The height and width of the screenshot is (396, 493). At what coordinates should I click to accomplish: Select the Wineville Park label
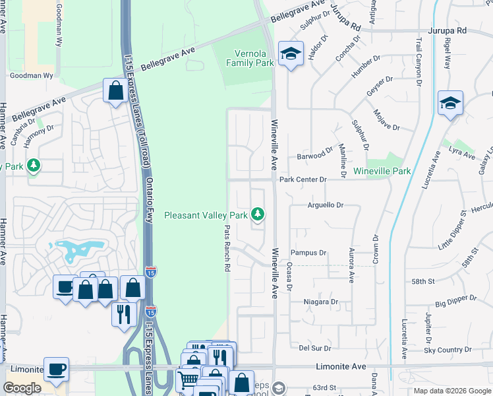click(x=382, y=171)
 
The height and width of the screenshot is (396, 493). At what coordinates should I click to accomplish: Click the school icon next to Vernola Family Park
click(x=290, y=54)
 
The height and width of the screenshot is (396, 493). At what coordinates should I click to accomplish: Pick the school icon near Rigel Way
click(x=450, y=103)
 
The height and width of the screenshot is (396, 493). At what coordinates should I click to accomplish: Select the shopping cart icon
click(x=188, y=379)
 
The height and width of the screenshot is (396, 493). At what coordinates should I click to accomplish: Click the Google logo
click(x=22, y=388)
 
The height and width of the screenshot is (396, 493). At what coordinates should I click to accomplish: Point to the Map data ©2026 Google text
click(x=451, y=391)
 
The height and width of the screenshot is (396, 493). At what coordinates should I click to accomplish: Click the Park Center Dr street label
click(x=303, y=180)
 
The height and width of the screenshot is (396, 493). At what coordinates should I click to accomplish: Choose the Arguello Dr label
click(x=326, y=205)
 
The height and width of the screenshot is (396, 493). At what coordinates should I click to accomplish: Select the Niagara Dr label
click(x=320, y=302)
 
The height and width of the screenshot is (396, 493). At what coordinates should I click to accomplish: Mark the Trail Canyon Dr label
click(x=418, y=63)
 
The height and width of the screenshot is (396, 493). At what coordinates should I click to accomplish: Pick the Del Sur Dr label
click(x=314, y=347)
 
